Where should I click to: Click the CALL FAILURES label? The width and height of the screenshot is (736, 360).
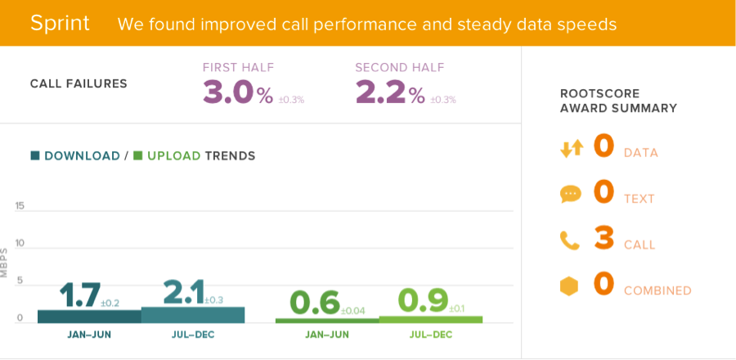click(x=79, y=83)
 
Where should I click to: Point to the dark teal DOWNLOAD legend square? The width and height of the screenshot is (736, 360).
click(x=35, y=155)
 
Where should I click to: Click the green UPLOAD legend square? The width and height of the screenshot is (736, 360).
click(x=138, y=155)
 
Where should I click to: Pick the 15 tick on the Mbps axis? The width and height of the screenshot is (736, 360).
click(x=19, y=206)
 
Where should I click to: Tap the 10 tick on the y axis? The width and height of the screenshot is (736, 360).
click(x=19, y=244)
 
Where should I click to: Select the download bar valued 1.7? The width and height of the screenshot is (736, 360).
click(x=89, y=316)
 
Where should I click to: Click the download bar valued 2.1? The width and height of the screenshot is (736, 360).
click(x=193, y=314)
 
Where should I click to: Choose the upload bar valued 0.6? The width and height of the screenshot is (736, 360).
click(x=326, y=320)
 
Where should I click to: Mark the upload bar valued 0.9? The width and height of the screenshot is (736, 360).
click(x=430, y=319)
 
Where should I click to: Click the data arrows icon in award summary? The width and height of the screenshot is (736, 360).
click(x=571, y=149)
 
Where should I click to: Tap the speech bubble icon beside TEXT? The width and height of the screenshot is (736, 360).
click(x=570, y=195)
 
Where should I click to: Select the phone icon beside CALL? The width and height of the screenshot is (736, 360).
click(x=570, y=241)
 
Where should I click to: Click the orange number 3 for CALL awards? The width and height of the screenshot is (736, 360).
click(x=604, y=238)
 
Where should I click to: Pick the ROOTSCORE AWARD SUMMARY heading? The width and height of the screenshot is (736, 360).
click(x=618, y=101)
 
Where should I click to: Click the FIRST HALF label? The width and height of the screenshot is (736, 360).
click(x=238, y=68)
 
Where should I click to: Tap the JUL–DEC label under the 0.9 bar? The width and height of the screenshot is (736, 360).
click(x=430, y=335)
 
